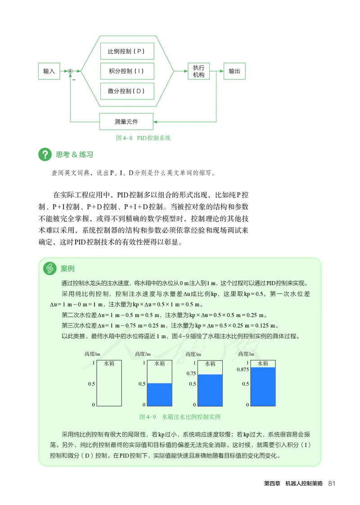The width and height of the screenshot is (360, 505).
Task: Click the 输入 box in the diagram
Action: coord(49,71)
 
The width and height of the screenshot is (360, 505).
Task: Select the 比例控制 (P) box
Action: coord(127,51)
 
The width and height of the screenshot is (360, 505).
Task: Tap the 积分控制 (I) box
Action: coord(127,71)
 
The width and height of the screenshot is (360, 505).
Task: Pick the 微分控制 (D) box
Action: coord(127,91)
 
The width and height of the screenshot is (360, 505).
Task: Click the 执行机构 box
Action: coord(198,71)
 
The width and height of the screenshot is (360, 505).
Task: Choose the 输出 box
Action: coord(234,71)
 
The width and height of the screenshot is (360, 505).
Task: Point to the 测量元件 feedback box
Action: coord(126,122)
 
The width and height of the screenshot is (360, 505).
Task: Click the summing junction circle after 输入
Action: coord(70,71)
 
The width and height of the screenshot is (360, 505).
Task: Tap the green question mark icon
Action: coord(45,155)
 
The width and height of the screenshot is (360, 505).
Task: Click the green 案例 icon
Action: coord(50,269)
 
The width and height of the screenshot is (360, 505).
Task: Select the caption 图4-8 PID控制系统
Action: coord(144,138)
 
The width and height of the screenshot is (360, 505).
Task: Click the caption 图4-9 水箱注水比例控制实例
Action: coord(180,417)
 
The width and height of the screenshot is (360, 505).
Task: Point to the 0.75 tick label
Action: coord(191,374)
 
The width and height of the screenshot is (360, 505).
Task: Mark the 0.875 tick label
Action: coord(242,370)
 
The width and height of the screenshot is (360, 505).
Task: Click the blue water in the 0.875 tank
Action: coord(263,387)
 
